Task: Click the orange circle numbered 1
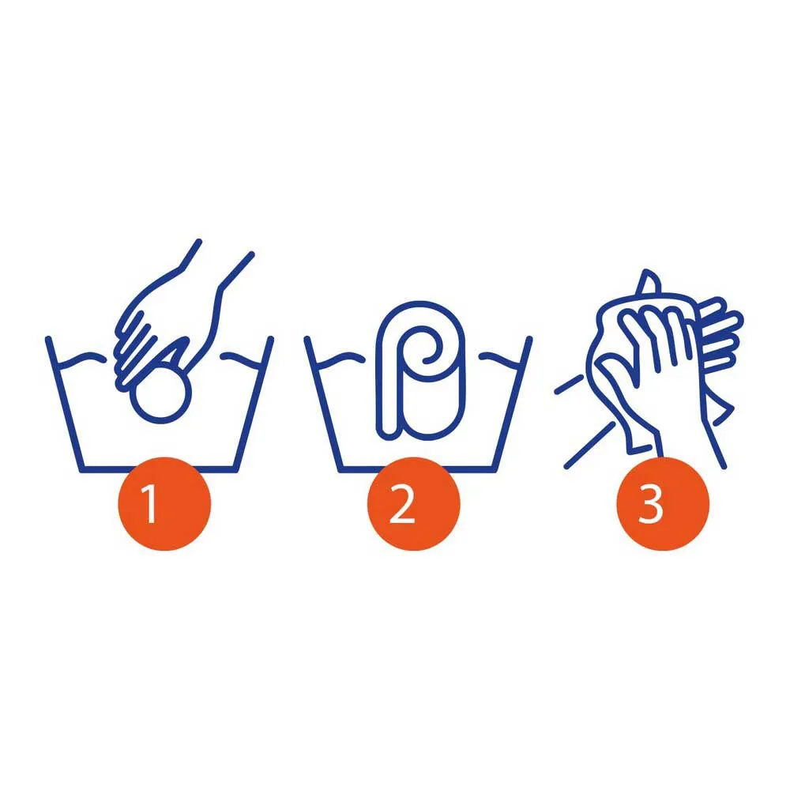tap(164, 503)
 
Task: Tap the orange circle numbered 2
tap(414, 503)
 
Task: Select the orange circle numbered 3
tap(663, 503)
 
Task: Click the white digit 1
tap(149, 504)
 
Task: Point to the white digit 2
tap(401, 504)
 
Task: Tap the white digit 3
tap(650, 504)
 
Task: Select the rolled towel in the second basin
tap(421, 371)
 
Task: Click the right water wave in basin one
tap(241, 359)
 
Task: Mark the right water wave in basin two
tap(499, 359)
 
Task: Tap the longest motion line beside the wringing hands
tap(590, 446)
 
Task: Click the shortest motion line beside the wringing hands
tap(569, 385)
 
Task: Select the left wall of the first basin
tap(64, 404)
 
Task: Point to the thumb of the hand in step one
tap(175, 352)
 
